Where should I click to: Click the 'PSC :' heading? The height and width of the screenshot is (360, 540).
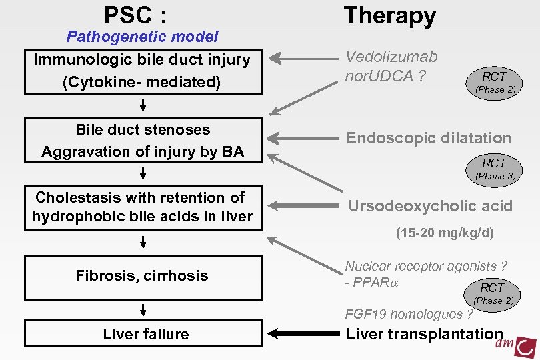(135, 14)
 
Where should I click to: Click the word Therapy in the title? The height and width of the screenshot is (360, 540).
(389, 15)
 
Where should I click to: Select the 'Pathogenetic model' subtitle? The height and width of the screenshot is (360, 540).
(142, 37)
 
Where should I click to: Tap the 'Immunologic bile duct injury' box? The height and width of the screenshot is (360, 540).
(142, 71)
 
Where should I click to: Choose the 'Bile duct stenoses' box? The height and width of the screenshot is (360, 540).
(143, 140)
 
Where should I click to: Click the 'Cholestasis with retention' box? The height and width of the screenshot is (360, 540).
(142, 207)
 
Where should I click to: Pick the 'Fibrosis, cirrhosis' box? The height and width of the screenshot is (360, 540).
(142, 276)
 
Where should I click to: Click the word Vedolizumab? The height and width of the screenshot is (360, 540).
(391, 58)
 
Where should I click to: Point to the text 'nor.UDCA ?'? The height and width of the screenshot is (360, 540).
(385, 76)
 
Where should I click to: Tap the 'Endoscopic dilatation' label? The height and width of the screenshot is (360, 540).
(429, 138)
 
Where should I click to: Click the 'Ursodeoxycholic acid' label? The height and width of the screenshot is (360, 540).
(430, 206)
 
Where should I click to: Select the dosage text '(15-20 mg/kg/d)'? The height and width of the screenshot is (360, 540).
(445, 233)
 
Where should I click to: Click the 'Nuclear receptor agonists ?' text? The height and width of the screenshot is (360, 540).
(426, 266)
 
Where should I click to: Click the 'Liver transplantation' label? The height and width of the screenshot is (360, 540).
(424, 334)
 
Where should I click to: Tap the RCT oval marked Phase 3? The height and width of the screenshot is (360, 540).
(494, 168)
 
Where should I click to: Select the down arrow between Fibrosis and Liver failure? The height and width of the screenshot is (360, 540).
(143, 310)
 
